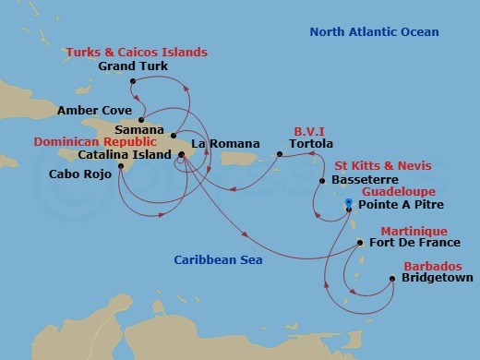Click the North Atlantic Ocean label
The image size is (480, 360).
pos(373,32)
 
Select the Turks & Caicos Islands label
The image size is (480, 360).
pos(137,53)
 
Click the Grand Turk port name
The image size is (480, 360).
pos(135,67)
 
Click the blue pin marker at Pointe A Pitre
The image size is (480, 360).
pos(348,203)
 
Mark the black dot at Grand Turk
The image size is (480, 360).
pos(134,81)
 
